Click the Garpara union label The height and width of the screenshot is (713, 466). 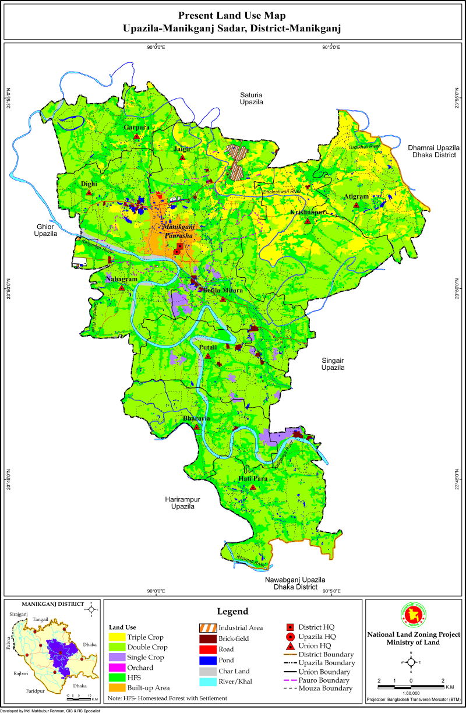136,127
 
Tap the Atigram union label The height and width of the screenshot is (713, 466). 356,197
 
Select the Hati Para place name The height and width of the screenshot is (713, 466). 253,479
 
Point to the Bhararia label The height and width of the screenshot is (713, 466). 196,419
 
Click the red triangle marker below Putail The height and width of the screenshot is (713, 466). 207,355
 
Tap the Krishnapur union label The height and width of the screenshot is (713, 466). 308,213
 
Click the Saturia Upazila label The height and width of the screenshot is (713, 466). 252,98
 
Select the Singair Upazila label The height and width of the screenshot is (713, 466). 333,364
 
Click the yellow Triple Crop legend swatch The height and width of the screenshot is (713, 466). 117,637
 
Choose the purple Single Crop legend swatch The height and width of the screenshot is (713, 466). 117,657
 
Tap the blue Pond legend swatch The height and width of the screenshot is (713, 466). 207,660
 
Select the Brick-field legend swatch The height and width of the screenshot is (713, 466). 207,638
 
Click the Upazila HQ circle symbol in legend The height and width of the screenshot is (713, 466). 290,637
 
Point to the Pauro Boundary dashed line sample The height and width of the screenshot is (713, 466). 290,680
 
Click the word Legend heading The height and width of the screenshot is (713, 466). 233,612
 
